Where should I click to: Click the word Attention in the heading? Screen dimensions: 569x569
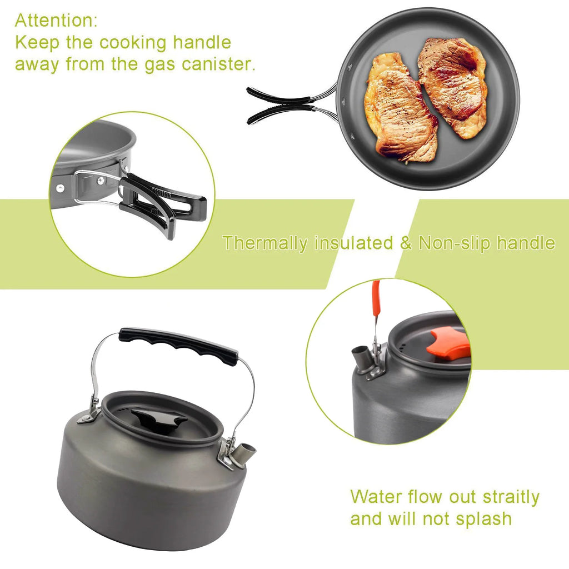coord(56,21)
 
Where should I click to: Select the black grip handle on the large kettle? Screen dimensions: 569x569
coord(178,345)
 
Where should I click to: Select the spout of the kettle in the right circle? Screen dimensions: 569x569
coord(362,358)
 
